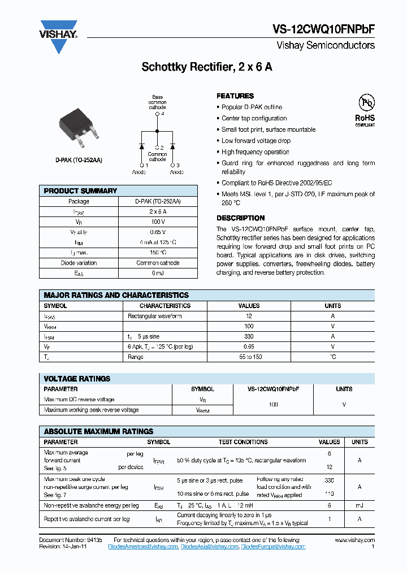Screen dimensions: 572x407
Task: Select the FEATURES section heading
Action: [235, 96]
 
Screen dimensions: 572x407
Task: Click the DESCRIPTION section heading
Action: [240, 218]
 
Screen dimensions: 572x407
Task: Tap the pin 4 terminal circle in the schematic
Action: [157, 114]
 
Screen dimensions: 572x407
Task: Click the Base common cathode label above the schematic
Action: [157, 102]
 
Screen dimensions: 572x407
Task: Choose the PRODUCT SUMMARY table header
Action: [80, 191]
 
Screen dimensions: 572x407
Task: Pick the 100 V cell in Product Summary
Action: [158, 222]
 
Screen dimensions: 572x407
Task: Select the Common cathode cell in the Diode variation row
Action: [158, 263]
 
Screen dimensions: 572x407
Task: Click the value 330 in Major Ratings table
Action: [249, 336]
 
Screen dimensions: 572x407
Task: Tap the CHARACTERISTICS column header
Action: [164, 306]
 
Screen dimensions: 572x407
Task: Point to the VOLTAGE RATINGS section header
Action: [77, 379]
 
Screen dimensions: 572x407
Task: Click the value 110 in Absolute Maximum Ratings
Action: [329, 493]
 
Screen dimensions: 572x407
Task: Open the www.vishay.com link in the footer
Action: [354, 540]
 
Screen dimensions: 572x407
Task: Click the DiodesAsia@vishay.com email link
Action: [209, 547]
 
